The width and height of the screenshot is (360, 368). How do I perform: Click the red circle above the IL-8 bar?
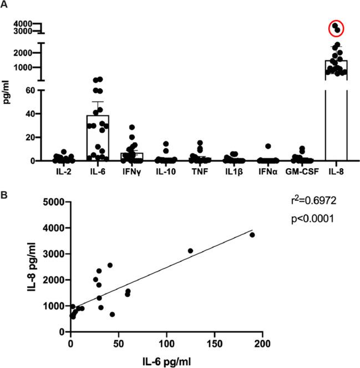click(336, 27)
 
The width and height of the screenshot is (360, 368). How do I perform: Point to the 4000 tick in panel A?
click(33, 23)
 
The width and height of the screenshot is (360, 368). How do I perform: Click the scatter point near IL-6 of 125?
click(190, 251)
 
